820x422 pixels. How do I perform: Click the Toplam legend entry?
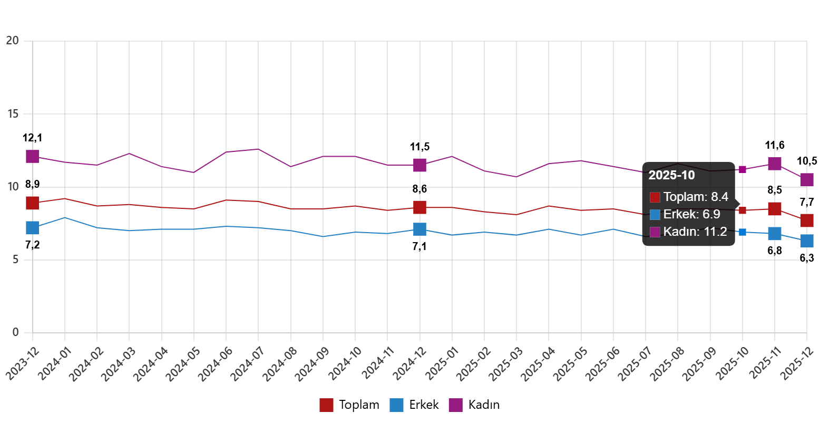pyautogui.click(x=349, y=405)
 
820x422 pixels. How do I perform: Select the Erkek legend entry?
pyautogui.click(x=414, y=405)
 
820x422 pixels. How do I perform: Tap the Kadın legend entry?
pyautogui.click(x=474, y=405)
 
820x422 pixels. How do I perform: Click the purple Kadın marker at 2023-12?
pyautogui.click(x=33, y=156)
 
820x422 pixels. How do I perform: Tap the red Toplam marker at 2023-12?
pyautogui.click(x=33, y=203)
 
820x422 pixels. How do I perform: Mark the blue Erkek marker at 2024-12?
pyautogui.click(x=420, y=229)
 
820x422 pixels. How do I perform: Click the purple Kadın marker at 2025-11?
pyautogui.click(x=775, y=164)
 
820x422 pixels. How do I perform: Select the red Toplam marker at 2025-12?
pyautogui.click(x=807, y=220)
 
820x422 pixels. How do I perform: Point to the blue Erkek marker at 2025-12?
pyautogui.click(x=807, y=241)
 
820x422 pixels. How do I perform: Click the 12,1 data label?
pyautogui.click(x=33, y=138)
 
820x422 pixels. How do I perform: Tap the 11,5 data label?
pyautogui.click(x=420, y=147)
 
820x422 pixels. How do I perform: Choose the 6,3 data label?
pyautogui.click(x=807, y=258)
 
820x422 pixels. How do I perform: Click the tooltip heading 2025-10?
pyautogui.click(x=671, y=176)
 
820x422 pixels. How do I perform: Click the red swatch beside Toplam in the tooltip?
pyautogui.click(x=655, y=197)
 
